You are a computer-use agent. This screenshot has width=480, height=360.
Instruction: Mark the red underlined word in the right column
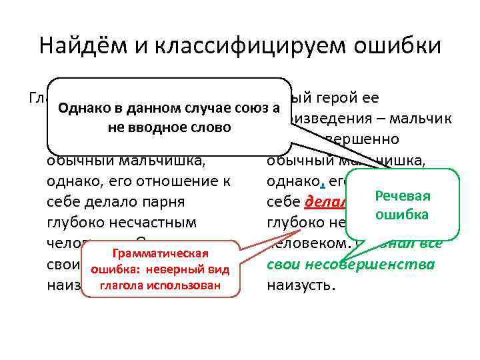click(x=323, y=202)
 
